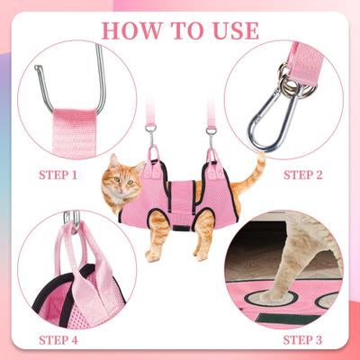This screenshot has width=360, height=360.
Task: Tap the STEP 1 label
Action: pos(60,172)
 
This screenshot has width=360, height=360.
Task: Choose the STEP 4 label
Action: pos(61,339)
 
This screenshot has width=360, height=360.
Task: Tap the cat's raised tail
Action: pos(258,169)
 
